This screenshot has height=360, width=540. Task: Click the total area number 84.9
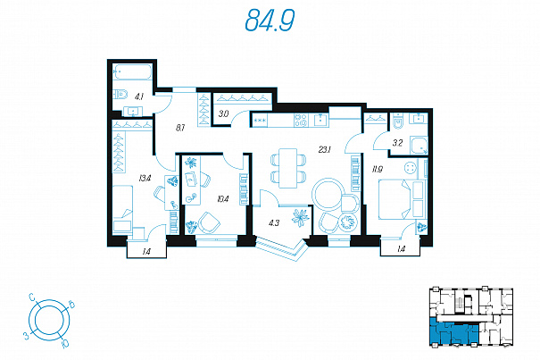270,21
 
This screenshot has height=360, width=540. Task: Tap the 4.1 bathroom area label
139,96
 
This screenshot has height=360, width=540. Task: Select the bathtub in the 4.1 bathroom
132,72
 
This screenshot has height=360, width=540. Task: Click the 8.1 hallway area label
180,128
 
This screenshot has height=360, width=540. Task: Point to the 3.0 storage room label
223,113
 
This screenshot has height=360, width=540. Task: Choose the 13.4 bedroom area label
145,179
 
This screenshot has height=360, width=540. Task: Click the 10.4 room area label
223,199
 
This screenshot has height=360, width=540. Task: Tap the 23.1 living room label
325,150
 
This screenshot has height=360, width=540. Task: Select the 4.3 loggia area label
274,223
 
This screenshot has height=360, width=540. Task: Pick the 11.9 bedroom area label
377,170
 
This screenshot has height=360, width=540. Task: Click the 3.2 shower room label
397,143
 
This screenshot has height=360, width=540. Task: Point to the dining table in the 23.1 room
288,168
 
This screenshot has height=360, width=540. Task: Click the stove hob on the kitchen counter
301,121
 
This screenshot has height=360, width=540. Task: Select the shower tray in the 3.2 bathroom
419,146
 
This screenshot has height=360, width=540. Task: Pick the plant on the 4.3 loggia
300,218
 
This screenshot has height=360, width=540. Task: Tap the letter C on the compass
31,297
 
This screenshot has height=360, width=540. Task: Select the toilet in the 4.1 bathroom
120,94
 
